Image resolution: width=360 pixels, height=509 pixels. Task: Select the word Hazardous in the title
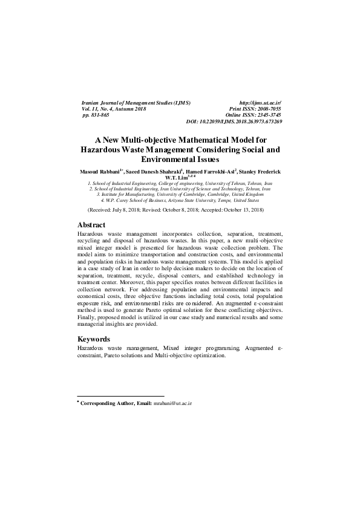click(x=103, y=148)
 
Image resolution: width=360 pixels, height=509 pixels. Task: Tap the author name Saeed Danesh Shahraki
click(x=152, y=172)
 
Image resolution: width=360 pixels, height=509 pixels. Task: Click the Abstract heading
click(x=91, y=224)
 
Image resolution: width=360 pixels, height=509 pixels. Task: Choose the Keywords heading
click(x=94, y=339)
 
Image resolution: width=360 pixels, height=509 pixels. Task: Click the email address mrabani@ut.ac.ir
click(x=172, y=403)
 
